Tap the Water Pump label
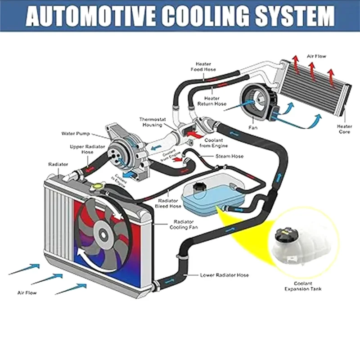click(x=76, y=134)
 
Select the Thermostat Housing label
click(x=153, y=122)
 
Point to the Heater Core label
click(x=345, y=130)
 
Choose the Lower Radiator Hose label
click(x=224, y=275)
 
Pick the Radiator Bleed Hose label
click(x=169, y=203)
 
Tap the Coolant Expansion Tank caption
click(x=303, y=286)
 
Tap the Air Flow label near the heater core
click(x=316, y=56)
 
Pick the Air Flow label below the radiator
click(x=27, y=293)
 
